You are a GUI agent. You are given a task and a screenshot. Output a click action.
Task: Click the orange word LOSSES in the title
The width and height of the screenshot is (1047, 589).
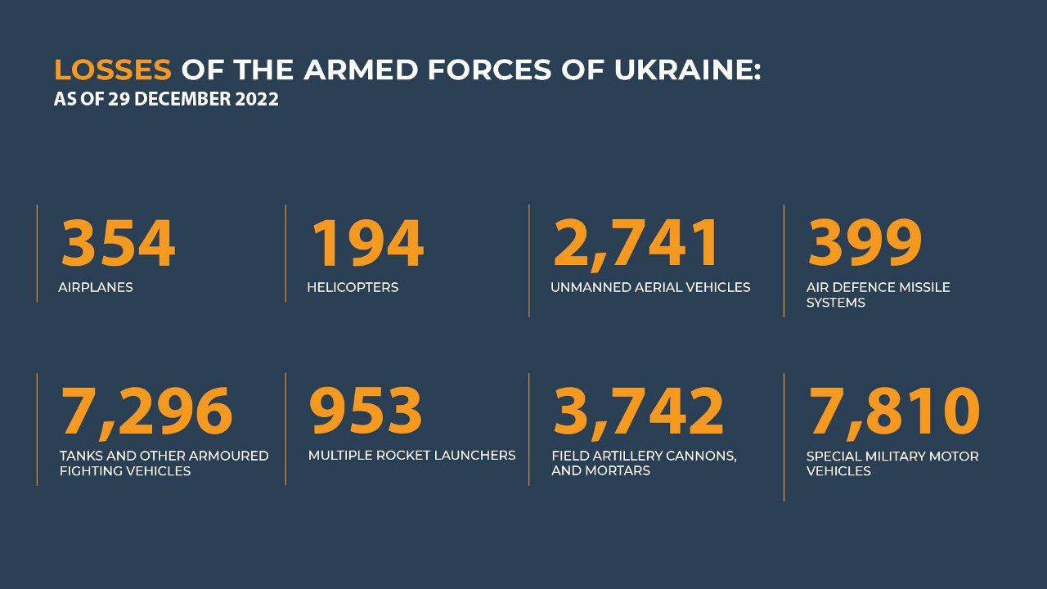pos(113,70)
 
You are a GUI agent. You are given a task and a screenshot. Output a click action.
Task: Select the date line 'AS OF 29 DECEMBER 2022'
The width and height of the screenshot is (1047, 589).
pos(166,99)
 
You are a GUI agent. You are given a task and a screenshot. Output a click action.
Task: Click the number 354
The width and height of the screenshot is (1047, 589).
pos(119,243)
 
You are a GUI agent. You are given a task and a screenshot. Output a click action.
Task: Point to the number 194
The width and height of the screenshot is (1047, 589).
pos(367,243)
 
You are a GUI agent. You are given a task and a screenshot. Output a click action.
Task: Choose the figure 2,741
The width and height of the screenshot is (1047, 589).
pos(635,244)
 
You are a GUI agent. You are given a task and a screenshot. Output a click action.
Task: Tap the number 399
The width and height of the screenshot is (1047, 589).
pos(865,243)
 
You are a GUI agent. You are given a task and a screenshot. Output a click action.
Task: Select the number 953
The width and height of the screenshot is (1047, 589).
pos(366,411)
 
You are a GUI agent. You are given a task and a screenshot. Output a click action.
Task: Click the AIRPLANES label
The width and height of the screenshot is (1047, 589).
pos(96,287)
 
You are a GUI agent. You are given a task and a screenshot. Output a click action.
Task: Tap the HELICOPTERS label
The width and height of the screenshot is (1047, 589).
pos(353,287)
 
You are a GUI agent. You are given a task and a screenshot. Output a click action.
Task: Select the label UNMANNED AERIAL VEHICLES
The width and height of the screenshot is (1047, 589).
pos(650,287)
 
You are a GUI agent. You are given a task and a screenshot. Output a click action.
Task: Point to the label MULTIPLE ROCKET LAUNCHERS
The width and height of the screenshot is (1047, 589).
pos(411,456)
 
